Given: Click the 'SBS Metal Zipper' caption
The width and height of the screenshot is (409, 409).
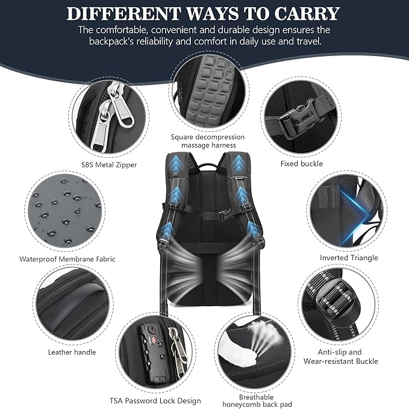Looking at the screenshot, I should pyautogui.click(x=108, y=164).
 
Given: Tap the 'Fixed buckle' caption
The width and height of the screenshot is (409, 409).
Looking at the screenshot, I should pyautogui.click(x=302, y=163).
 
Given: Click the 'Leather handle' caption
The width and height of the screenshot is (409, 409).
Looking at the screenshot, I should pyautogui.click(x=72, y=352).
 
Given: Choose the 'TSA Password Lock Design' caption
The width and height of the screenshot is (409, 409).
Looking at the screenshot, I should pyautogui.click(x=155, y=401).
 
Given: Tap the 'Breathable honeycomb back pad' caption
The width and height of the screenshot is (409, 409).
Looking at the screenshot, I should pyautogui.click(x=248, y=401).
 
